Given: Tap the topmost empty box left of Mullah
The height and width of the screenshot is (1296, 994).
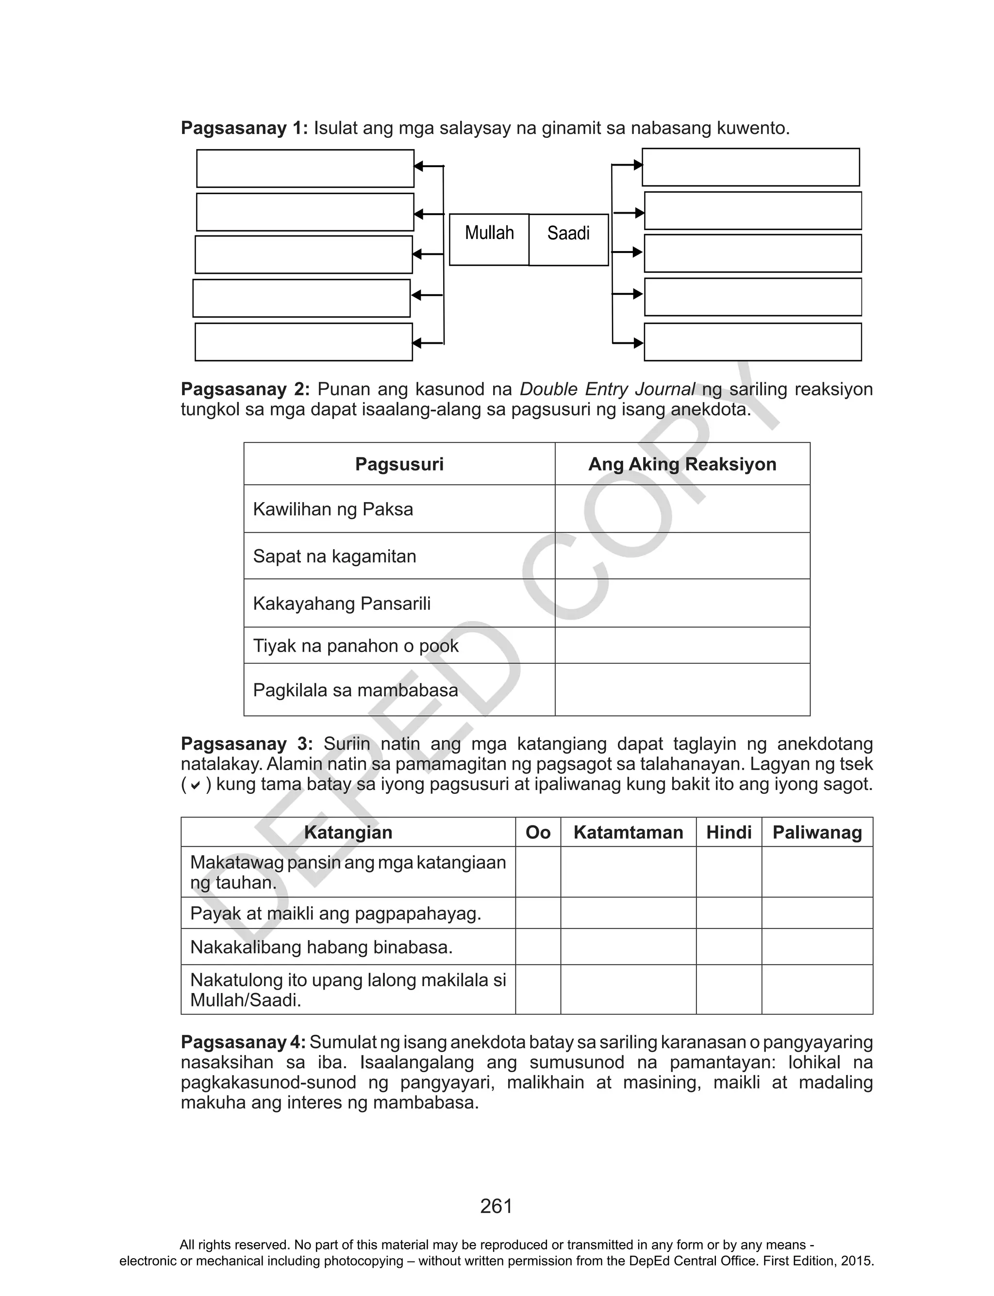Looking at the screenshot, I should tap(305, 168).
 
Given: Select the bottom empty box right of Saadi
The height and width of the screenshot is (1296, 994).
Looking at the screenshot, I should tap(753, 342).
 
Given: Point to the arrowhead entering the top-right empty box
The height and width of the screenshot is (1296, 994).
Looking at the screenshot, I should tap(638, 165).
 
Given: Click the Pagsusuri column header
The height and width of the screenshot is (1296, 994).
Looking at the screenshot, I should tap(399, 464).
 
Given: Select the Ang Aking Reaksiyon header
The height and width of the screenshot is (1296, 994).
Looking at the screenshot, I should tap(682, 464).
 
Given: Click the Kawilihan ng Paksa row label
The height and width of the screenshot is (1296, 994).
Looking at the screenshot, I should tap(333, 509).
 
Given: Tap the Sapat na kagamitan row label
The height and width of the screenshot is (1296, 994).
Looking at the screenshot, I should tap(335, 556).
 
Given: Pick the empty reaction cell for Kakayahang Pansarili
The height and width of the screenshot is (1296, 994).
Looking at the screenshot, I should tap(682, 603).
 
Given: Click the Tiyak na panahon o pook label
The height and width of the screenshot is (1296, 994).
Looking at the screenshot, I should tap(356, 646).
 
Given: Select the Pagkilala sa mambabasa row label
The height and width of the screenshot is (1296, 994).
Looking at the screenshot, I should tap(356, 690).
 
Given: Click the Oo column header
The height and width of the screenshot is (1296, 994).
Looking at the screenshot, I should tap(538, 833).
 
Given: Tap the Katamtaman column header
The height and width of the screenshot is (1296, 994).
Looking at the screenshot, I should tap(629, 833).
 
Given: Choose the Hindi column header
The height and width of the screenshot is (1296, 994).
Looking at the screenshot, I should tap(729, 833).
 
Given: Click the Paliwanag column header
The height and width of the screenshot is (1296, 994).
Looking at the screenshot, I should tap(817, 833).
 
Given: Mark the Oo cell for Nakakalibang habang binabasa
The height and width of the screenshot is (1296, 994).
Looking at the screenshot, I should tap(538, 947).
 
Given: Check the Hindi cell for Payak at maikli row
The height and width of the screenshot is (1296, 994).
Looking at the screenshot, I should tap(729, 913).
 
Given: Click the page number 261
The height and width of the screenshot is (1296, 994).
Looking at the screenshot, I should tap(497, 1206).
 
